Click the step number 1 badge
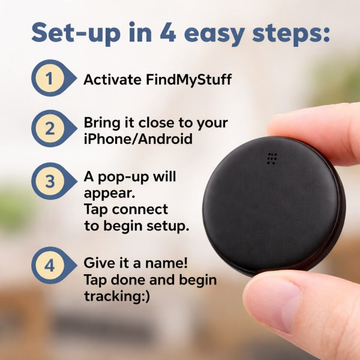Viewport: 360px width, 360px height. click(50, 79)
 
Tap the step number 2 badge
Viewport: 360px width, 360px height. click(50, 128)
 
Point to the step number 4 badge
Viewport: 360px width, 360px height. click(50, 265)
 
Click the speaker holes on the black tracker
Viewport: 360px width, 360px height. click(272, 158)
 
